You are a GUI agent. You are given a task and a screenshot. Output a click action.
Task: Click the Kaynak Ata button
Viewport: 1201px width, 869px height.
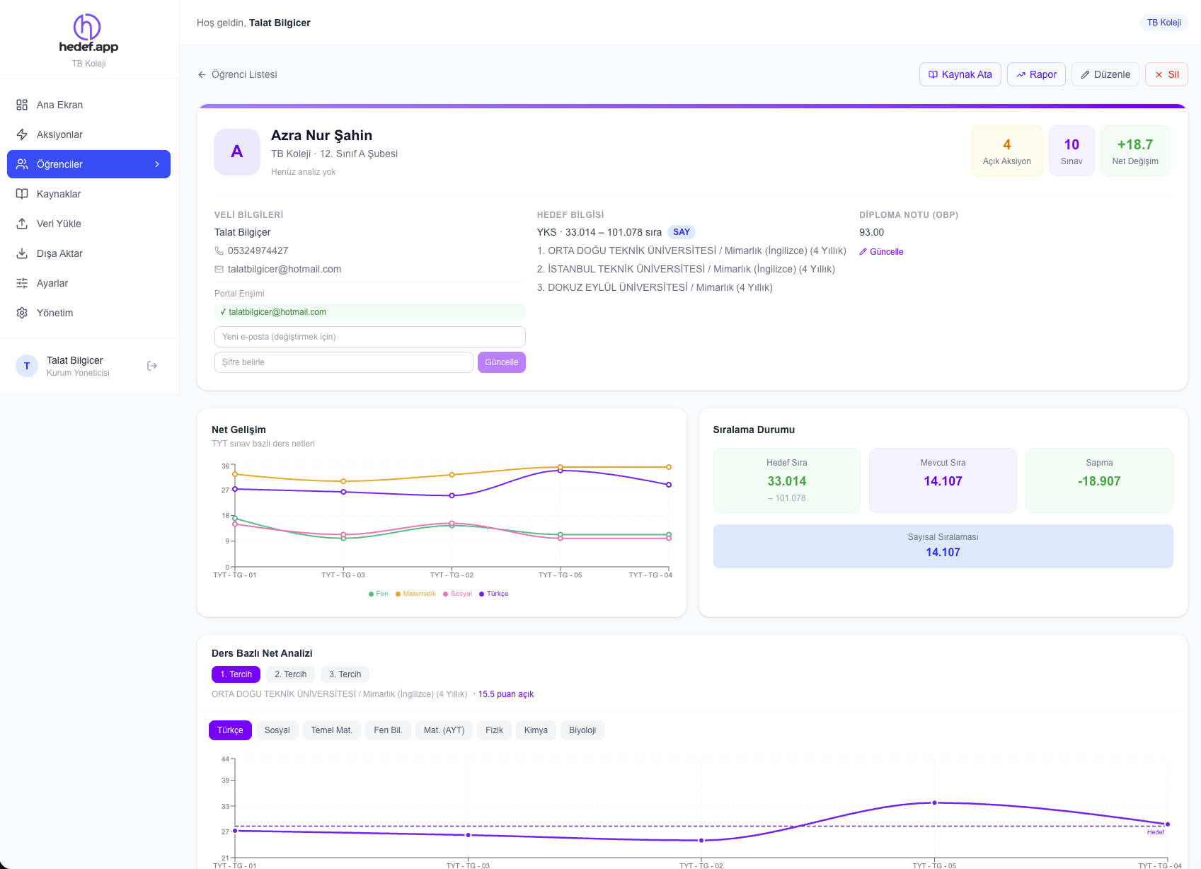point(960,74)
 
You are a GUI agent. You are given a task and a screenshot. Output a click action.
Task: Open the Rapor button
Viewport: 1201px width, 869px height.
point(1036,74)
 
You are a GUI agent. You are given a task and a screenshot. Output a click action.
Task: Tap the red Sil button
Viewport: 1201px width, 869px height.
point(1166,74)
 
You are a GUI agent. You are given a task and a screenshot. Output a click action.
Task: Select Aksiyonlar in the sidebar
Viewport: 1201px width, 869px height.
point(59,134)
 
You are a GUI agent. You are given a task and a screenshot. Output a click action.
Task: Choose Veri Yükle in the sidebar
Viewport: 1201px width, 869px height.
point(59,224)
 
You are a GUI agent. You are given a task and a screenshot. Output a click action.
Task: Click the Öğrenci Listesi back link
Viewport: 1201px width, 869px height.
point(237,74)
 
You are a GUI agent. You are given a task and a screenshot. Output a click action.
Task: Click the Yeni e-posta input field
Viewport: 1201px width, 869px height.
point(369,337)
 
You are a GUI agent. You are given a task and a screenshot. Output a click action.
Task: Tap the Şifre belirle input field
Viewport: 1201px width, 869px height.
point(343,362)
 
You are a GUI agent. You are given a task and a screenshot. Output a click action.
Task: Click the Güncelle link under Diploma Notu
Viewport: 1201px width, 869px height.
point(881,252)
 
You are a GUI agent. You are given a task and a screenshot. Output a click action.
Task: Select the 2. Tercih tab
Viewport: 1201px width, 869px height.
point(290,674)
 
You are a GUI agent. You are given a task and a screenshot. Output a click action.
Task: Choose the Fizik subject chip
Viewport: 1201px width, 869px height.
point(494,730)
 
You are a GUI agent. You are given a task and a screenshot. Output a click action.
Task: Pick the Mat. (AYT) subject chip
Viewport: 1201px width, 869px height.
point(444,730)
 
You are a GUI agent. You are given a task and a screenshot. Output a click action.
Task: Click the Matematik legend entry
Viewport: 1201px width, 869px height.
point(415,594)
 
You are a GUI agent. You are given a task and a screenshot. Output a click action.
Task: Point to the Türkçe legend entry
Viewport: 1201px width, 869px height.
point(494,594)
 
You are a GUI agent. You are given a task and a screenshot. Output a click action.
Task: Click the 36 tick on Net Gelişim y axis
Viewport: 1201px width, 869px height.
point(225,466)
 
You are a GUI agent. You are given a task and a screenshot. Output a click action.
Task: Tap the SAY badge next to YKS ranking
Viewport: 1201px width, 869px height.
point(681,232)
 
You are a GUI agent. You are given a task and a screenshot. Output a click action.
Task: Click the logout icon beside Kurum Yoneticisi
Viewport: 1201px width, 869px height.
point(151,366)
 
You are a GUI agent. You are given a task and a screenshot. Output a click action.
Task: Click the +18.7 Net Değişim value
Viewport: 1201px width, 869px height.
point(1134,145)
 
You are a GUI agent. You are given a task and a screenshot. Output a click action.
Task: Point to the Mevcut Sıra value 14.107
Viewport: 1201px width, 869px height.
point(943,481)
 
